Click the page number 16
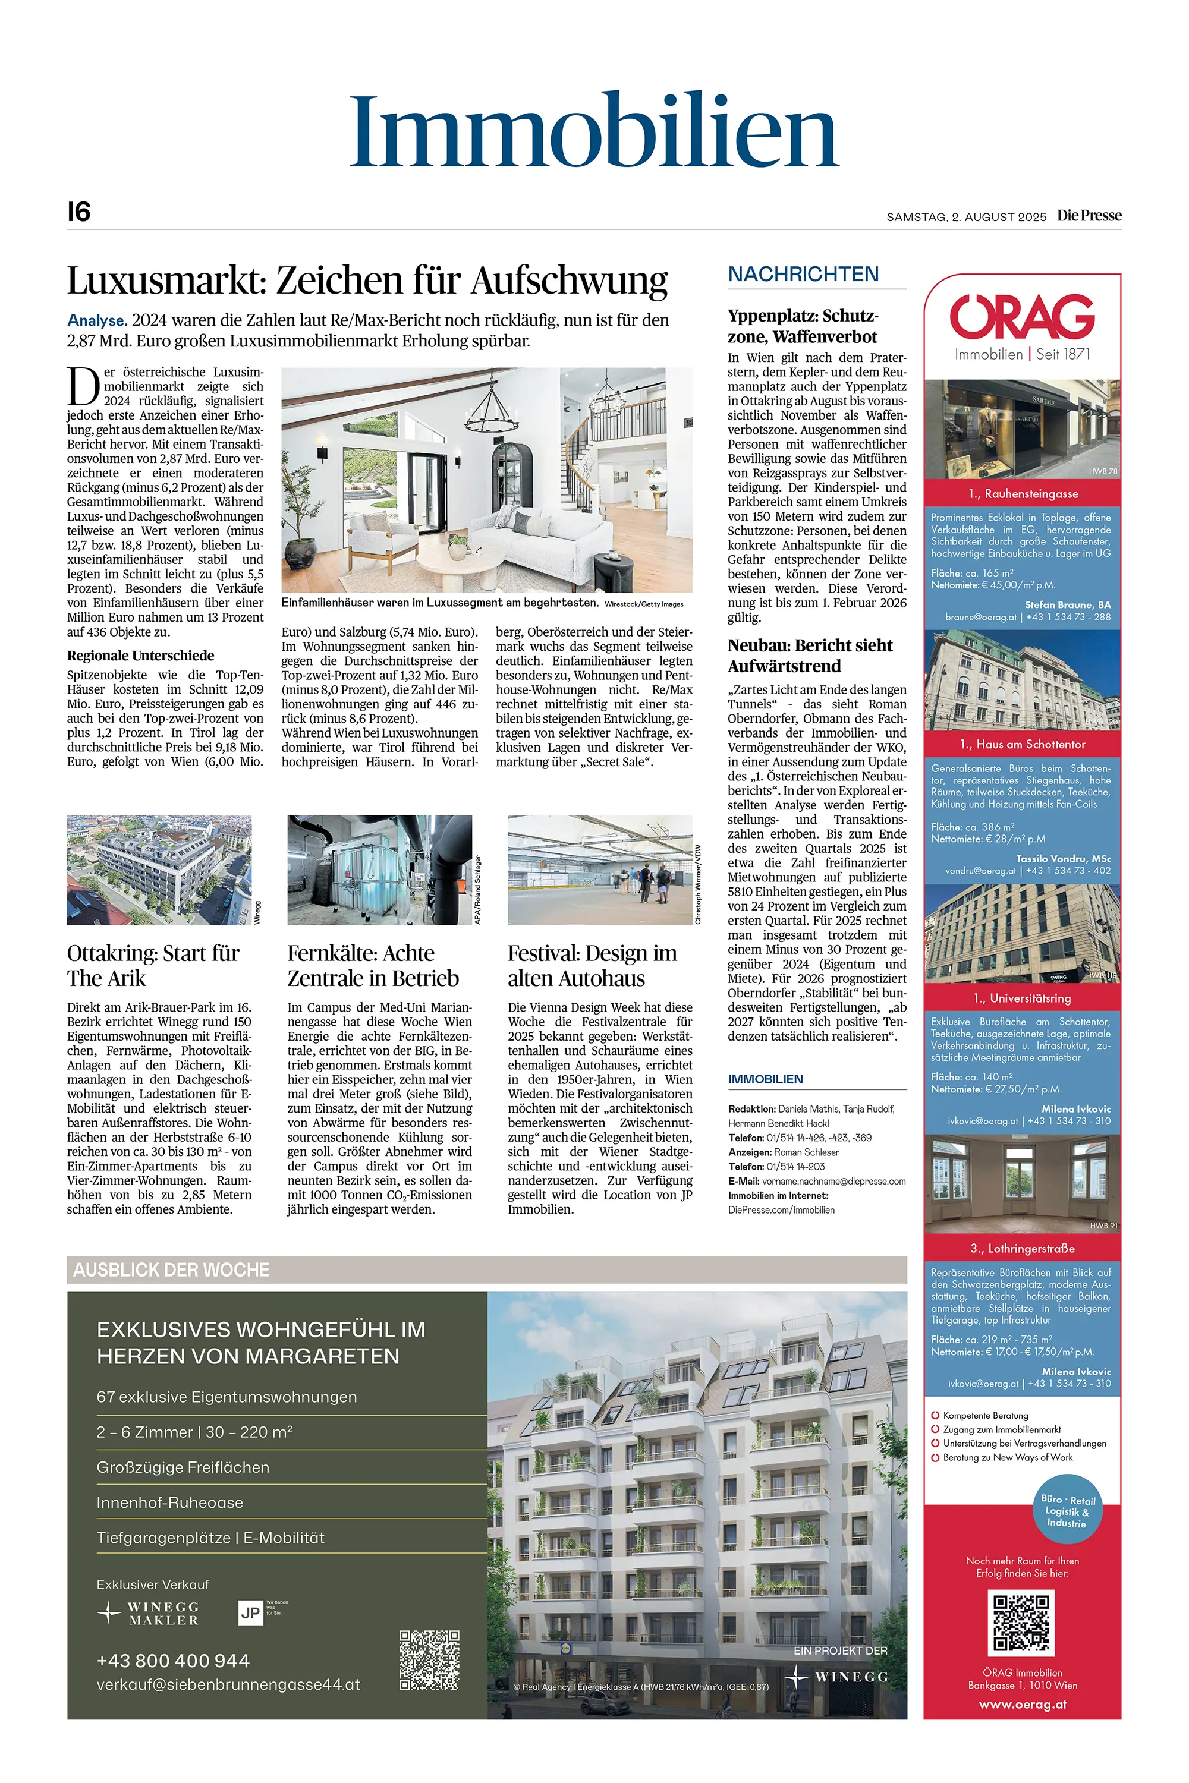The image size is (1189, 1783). [x=79, y=212]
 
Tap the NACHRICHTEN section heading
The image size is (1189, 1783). [x=803, y=275]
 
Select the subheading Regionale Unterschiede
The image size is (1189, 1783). [x=140, y=656]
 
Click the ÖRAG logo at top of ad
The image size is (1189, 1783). [x=1021, y=317]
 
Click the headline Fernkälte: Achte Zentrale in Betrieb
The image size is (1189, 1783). [x=372, y=965]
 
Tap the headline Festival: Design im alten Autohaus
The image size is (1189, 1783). [x=592, y=965]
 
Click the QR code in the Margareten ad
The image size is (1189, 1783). [x=429, y=1659]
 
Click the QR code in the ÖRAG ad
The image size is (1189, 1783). [x=1021, y=1623]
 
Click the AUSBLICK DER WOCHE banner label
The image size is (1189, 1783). [x=171, y=1269]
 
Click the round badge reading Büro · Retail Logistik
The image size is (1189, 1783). [x=1067, y=1511]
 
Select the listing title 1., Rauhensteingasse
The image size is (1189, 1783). [x=1022, y=493]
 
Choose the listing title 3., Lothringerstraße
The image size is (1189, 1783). [x=1022, y=1248]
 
